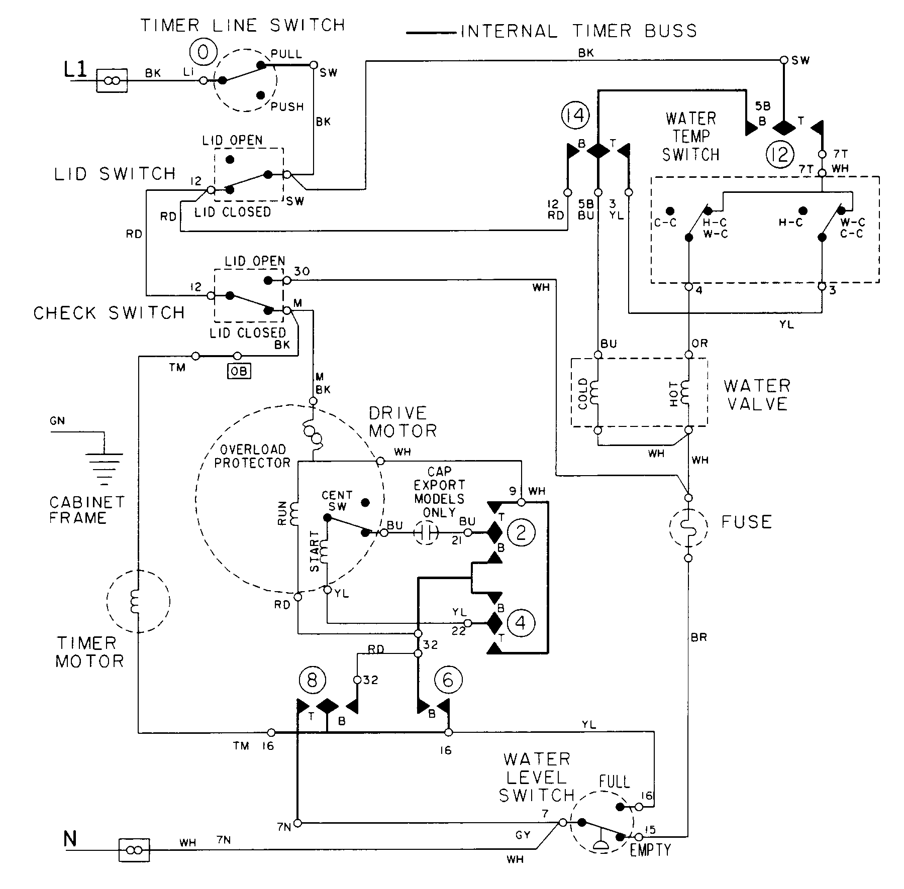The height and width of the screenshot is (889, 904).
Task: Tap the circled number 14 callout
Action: click(x=575, y=116)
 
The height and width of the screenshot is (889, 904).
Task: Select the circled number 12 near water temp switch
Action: click(x=779, y=154)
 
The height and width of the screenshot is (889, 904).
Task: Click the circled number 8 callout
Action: click(x=312, y=681)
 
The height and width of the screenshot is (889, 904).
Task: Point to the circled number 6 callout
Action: click(x=447, y=681)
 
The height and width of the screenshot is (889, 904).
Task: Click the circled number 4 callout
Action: click(x=521, y=623)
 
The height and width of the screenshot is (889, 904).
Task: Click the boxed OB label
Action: click(x=239, y=372)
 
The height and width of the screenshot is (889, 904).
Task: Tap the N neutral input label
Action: click(x=70, y=839)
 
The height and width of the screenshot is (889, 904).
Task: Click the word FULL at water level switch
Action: click(x=614, y=782)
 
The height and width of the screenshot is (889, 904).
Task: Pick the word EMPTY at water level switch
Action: click(x=650, y=850)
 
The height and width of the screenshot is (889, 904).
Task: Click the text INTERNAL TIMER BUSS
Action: click(x=579, y=32)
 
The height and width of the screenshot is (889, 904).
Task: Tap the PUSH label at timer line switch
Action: click(x=287, y=107)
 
